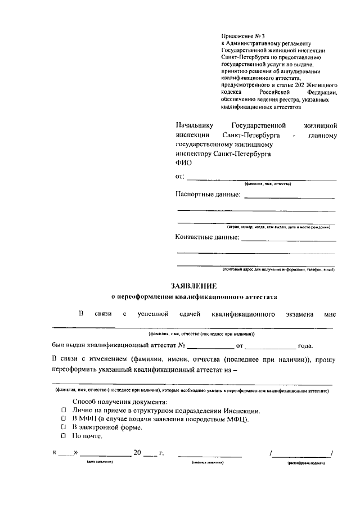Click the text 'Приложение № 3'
click(240, 36)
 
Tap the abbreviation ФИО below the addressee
click(183, 163)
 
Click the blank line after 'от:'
click(261, 179)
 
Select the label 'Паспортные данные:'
click(208, 195)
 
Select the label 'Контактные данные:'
click(208, 237)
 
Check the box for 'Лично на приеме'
click(64, 411)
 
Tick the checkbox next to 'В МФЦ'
click(64, 419)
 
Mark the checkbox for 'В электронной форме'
click(64, 427)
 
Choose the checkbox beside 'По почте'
click(64, 436)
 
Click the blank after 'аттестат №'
click(210, 347)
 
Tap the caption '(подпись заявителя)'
click(208, 462)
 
